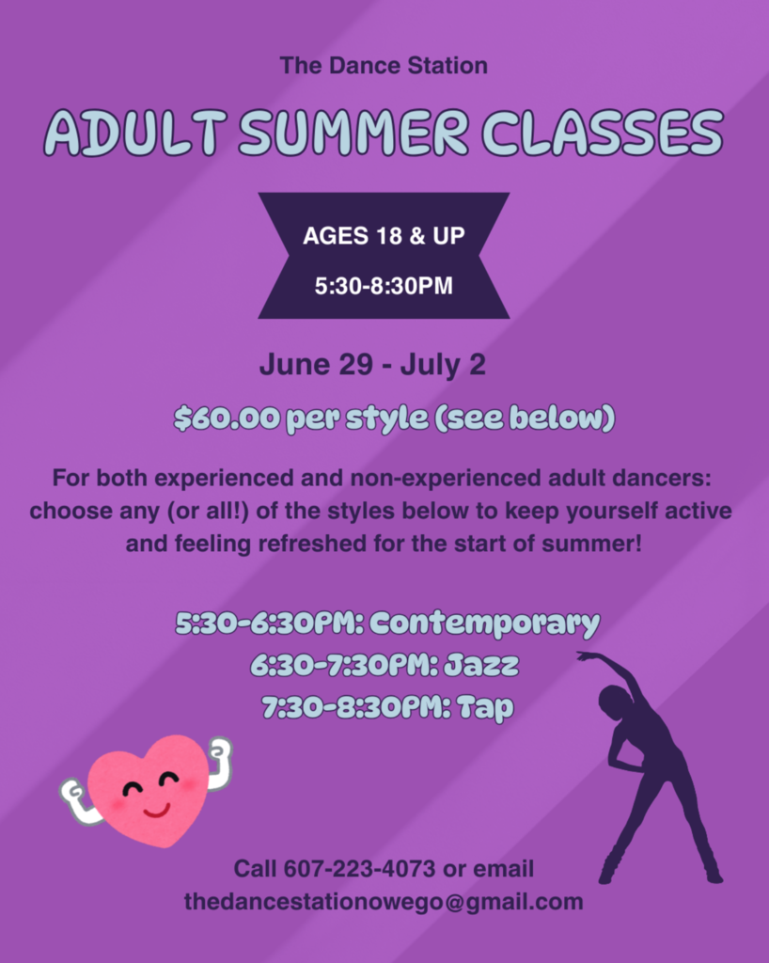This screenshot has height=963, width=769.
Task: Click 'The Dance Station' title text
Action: [x=384, y=66]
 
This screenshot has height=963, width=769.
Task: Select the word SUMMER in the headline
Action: [x=353, y=132]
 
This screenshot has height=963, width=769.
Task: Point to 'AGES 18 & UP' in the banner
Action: [x=384, y=235]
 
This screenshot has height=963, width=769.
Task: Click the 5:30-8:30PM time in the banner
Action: [x=384, y=285]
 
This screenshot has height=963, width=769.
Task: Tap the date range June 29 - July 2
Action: [x=372, y=365]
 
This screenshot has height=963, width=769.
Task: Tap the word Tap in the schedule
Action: [x=485, y=707]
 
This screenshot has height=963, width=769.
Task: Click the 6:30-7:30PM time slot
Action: [x=336, y=665]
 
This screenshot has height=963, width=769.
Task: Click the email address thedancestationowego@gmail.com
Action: [x=384, y=901]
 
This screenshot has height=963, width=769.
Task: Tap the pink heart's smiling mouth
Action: [x=155, y=808]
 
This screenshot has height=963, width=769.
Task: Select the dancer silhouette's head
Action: [x=615, y=701]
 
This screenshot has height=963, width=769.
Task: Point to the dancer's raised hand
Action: [x=585, y=655]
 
